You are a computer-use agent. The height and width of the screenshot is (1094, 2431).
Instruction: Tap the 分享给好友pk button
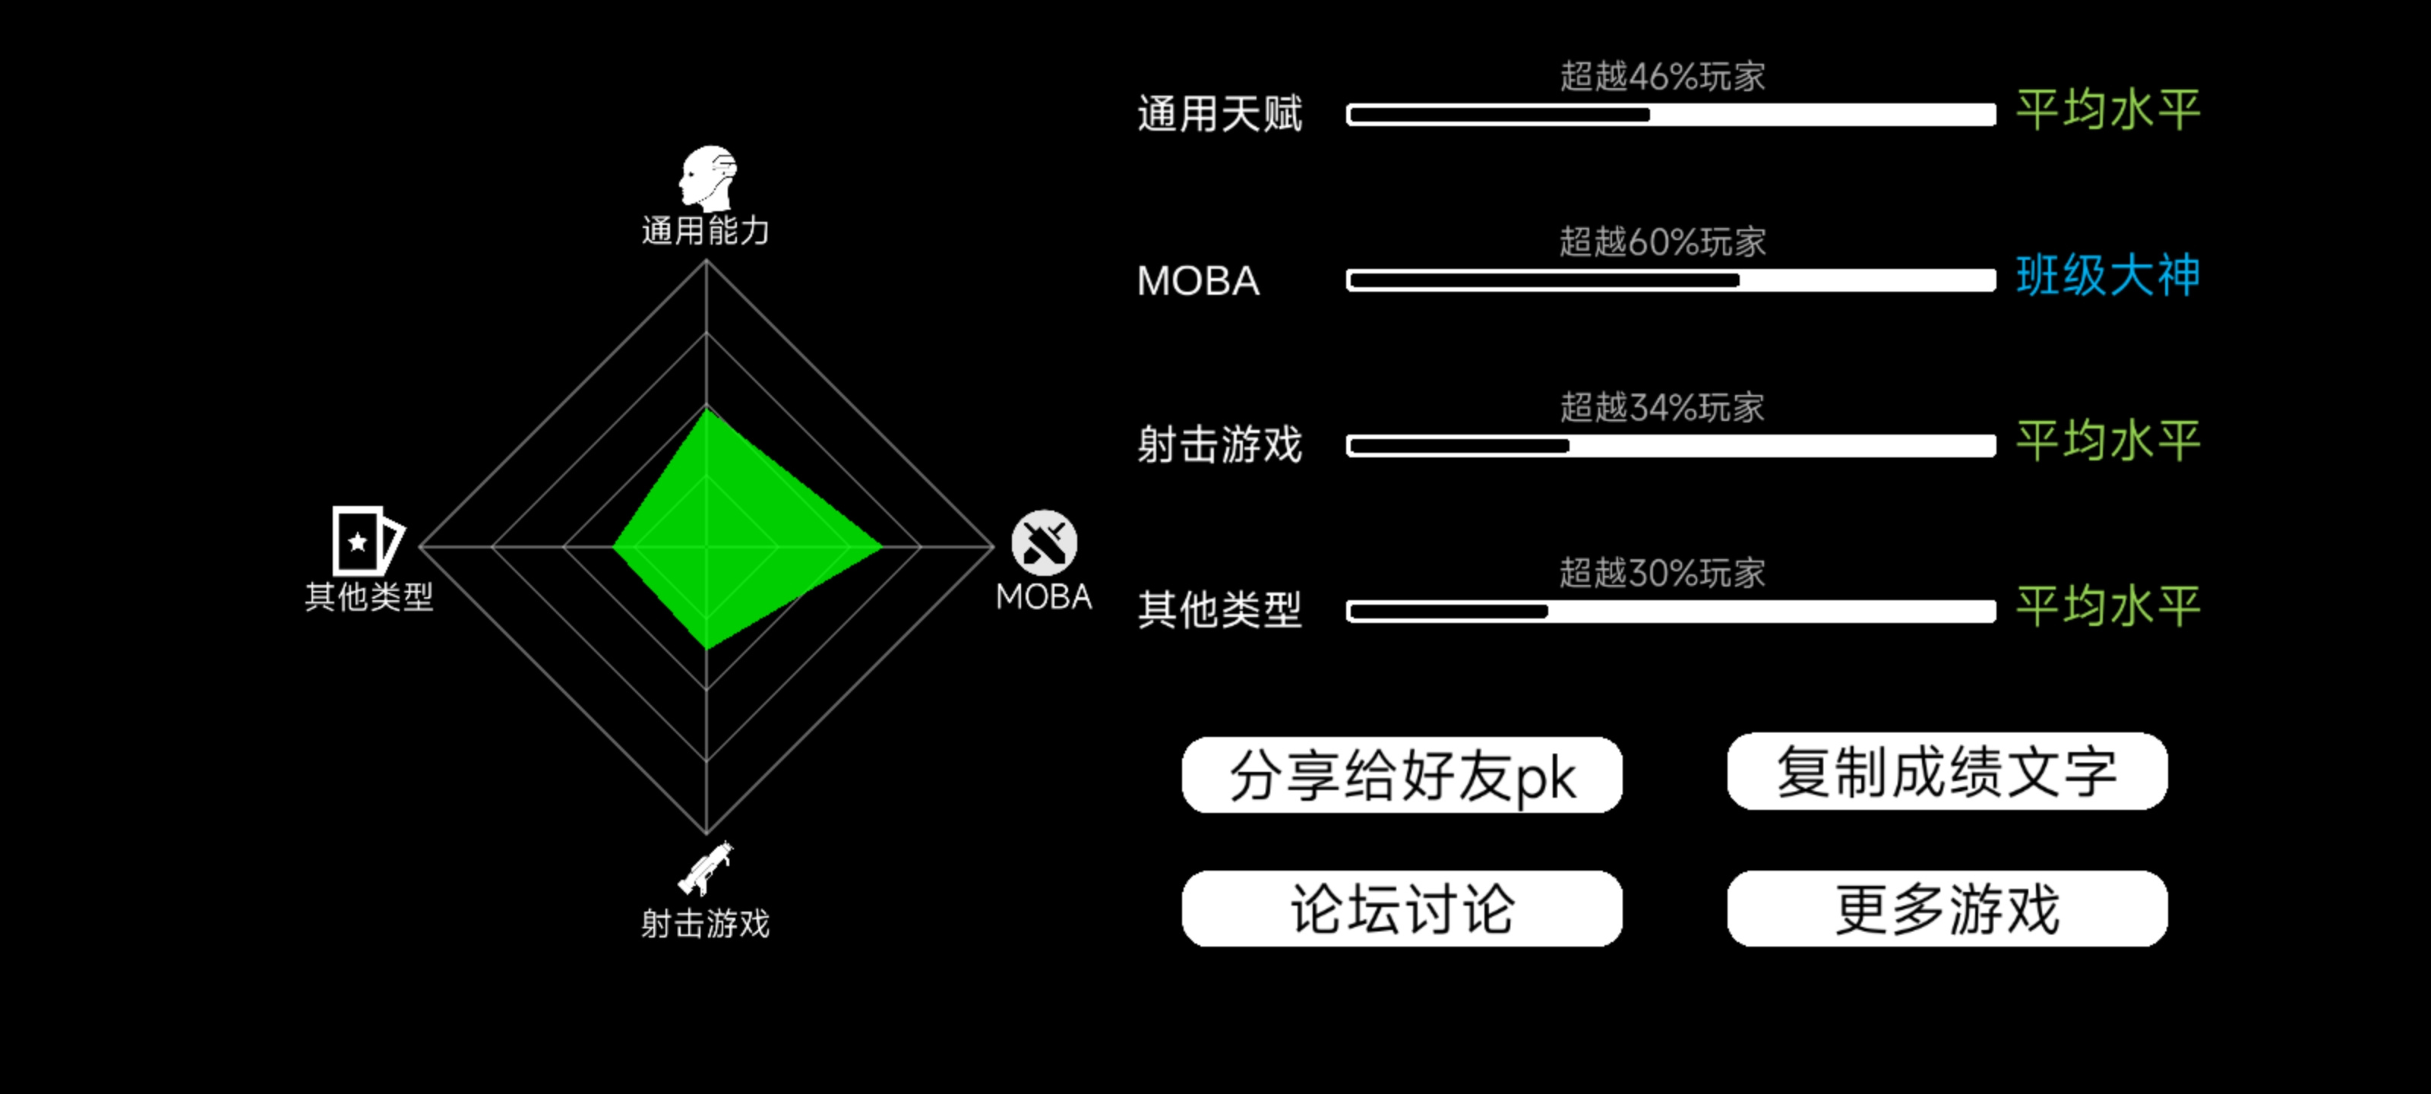pos(1402,775)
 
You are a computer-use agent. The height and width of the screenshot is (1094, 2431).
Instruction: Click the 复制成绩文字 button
pos(1947,771)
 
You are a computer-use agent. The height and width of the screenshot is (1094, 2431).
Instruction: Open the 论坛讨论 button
pos(1402,909)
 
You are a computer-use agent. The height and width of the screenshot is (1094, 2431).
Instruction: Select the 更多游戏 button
pos(1947,909)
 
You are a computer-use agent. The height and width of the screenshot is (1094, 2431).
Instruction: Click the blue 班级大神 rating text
pos(2107,276)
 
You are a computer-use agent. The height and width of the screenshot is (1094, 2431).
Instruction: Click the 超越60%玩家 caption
pos(1662,242)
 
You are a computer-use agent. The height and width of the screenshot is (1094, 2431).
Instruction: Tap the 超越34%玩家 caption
pos(1662,406)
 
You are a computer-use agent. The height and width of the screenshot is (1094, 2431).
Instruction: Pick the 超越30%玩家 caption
pos(1662,572)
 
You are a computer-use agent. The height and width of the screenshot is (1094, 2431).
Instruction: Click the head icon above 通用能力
pos(708,178)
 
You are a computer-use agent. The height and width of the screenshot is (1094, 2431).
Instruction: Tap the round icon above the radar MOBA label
pos(1044,542)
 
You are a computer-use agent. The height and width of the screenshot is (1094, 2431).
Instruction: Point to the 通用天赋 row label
pos(1219,114)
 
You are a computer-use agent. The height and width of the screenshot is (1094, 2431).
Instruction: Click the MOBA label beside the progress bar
pos(1197,280)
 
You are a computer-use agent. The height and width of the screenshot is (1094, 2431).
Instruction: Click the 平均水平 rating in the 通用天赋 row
pos(2107,110)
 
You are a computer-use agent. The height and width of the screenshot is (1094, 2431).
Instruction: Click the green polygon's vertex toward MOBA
pos(881,545)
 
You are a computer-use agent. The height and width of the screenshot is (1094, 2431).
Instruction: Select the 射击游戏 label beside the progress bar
pos(1219,444)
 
